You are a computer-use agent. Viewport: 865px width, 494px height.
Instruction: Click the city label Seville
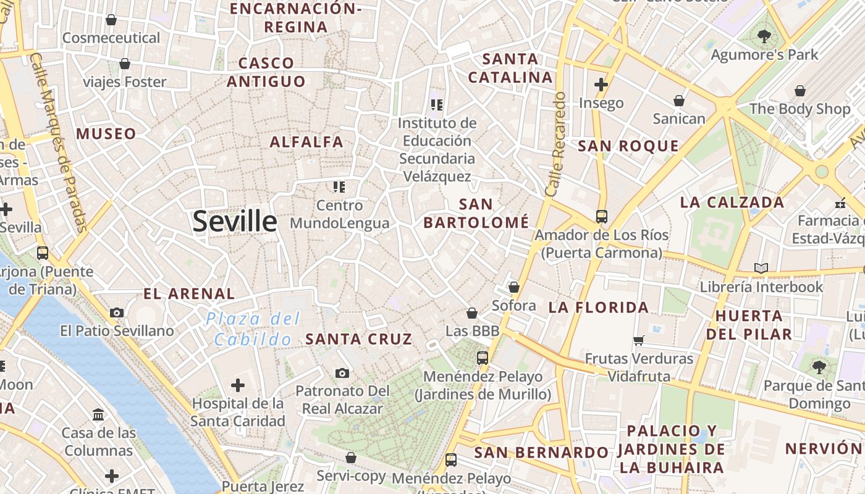235,221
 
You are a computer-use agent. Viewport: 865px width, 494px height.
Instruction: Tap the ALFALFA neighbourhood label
306,142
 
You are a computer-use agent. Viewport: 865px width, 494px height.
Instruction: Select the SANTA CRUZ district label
359,339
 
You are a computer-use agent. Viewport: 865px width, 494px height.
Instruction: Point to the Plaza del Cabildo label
253,329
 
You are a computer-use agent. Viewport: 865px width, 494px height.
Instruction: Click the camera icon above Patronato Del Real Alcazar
342,373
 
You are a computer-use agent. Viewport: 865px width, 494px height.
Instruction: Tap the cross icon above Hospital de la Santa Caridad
238,386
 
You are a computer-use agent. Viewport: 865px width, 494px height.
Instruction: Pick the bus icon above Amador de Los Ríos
602,217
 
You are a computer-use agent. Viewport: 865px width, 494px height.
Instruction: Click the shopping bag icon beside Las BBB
472,314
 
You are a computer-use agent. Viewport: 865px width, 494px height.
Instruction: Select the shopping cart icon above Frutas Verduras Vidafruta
639,341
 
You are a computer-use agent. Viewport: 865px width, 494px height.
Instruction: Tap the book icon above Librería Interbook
761,269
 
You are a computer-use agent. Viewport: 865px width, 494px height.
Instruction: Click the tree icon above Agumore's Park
764,36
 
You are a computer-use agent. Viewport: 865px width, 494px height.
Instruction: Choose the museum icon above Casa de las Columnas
98,414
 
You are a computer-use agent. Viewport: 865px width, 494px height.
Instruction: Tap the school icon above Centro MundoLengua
339,186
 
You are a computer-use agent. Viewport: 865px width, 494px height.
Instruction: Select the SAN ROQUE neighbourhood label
628,146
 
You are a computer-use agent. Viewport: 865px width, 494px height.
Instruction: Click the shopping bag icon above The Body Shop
800,91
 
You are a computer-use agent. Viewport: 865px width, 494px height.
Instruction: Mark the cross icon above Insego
601,85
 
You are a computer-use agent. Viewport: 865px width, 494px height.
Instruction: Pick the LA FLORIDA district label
599,308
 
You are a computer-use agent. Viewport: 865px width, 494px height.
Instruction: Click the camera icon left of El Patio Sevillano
117,313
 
